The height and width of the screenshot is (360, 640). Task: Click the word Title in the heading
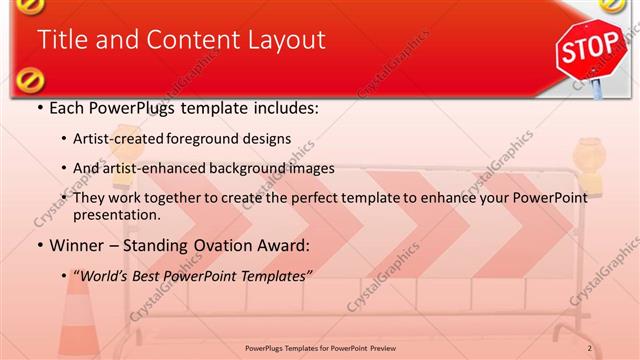pos(61,40)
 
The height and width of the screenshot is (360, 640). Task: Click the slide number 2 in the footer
pos(590,348)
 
